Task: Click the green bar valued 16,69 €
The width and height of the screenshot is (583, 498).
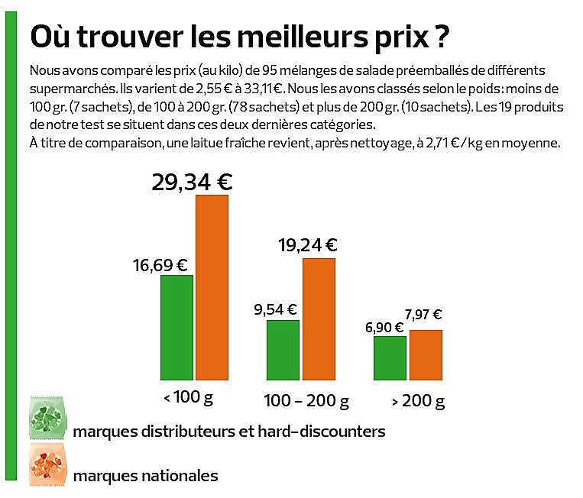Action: click(x=177, y=327)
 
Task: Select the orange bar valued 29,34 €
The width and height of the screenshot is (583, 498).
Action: click(x=212, y=287)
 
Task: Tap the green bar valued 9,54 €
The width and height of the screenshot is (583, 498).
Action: click(x=283, y=349)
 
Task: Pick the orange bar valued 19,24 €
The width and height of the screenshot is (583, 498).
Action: click(x=319, y=319)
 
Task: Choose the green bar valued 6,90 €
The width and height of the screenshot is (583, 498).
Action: click(x=390, y=357)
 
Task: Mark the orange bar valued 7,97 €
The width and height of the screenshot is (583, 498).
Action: click(x=426, y=354)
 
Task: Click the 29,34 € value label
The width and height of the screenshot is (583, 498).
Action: click(x=192, y=182)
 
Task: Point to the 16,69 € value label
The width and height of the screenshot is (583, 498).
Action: click(x=160, y=265)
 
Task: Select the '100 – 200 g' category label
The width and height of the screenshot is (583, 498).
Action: click(x=306, y=401)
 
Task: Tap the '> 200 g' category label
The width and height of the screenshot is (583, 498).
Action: click(x=418, y=401)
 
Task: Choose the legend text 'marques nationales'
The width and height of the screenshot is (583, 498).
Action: click(x=145, y=476)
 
